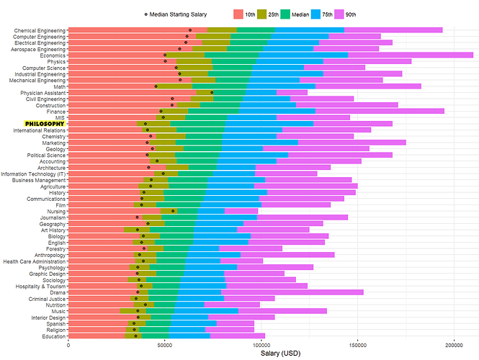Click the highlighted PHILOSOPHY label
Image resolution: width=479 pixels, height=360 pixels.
click(45, 123)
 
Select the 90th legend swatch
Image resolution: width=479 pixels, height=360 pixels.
click(340, 14)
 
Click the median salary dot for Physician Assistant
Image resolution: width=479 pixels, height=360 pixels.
click(212, 92)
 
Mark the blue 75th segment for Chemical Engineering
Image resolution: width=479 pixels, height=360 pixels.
click(309, 30)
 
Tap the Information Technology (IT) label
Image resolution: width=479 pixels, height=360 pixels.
click(34, 174)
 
